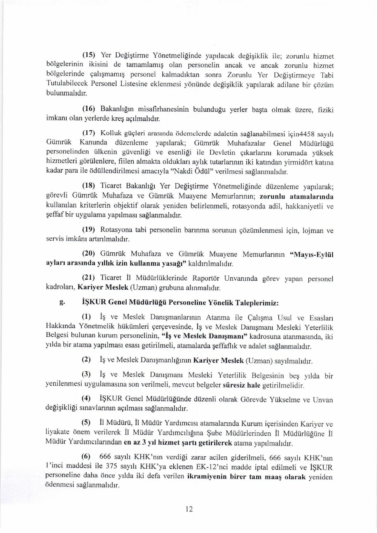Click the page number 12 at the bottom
pos(189,509)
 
